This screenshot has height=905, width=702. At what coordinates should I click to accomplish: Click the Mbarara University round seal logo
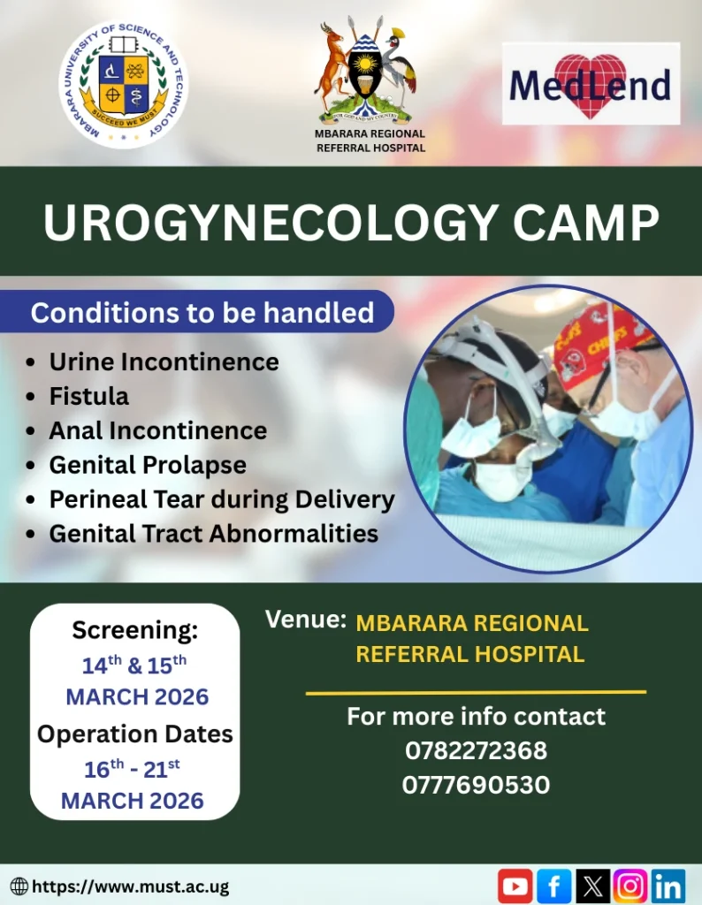tap(124, 85)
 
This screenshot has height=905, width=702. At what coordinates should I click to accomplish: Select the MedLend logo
tap(591, 85)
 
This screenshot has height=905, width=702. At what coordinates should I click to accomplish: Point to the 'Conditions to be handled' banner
tap(202, 313)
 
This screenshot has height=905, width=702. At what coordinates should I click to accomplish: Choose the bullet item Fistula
tap(88, 396)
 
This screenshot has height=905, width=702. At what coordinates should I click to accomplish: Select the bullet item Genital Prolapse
tap(148, 465)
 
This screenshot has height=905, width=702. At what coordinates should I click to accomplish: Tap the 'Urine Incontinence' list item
tap(164, 362)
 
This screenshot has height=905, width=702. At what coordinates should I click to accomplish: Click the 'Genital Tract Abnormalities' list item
tap(213, 534)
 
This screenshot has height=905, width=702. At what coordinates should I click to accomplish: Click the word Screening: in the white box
tap(135, 630)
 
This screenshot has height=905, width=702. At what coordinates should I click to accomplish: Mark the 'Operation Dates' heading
tap(135, 734)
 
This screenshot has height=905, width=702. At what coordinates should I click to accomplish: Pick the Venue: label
tap(305, 620)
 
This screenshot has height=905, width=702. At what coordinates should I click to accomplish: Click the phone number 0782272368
tap(476, 750)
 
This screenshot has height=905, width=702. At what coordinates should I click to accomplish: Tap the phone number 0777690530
tap(476, 785)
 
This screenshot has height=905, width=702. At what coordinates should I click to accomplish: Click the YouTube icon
tap(515, 886)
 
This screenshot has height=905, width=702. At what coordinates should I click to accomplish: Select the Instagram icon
tap(630, 886)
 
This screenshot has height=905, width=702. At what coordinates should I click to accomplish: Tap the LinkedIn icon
tap(668, 886)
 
